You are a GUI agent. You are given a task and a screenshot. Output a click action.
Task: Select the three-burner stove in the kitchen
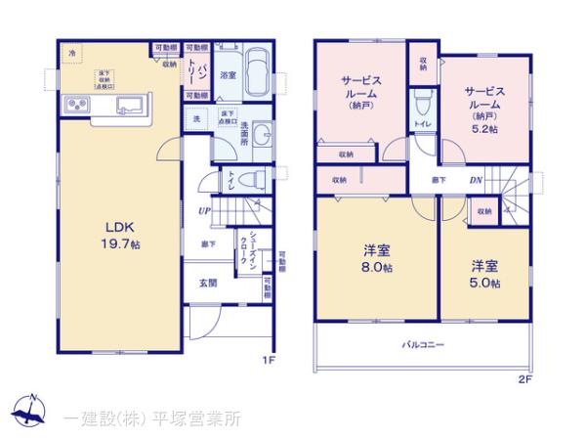point(75,105)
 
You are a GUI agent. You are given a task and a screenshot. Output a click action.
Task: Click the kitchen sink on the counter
point(130,104)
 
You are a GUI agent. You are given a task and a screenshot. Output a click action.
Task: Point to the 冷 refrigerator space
point(71,54)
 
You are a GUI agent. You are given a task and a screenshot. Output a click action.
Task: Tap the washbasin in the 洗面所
point(266,134)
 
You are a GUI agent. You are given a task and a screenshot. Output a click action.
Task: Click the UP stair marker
point(205,210)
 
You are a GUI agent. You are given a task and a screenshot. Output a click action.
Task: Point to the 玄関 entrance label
point(208,284)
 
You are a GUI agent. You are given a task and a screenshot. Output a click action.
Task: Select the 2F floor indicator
point(523,376)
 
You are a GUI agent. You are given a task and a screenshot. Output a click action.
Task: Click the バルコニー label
point(424,344)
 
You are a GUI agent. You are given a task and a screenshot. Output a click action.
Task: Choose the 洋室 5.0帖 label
point(485,274)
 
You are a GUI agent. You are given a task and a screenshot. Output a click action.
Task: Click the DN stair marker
point(476,180)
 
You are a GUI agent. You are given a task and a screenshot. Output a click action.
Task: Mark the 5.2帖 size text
point(484,127)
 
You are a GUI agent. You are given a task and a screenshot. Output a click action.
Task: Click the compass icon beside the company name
point(33,411)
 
